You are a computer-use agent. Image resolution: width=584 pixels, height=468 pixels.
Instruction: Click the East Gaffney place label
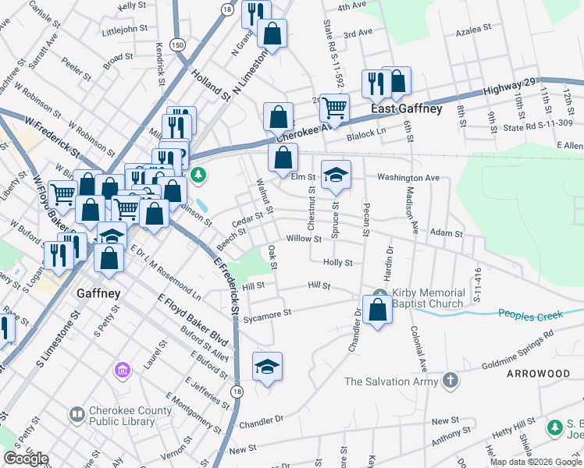tap(406, 109)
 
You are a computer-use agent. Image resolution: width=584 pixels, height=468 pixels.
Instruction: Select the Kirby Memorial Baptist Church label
tap(428, 298)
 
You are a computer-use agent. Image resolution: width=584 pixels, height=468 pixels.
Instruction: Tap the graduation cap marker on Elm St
tap(336, 174)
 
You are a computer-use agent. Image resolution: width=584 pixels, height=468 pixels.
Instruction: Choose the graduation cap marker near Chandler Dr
tap(267, 366)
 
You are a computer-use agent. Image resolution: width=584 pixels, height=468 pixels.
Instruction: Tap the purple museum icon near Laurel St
tap(123, 368)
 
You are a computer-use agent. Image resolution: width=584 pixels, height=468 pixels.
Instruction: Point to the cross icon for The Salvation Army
tap(450, 381)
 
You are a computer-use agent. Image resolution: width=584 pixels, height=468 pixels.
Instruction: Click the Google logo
tap(26, 459)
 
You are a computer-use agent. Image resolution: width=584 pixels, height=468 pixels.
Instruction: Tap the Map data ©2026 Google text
tap(536, 462)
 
